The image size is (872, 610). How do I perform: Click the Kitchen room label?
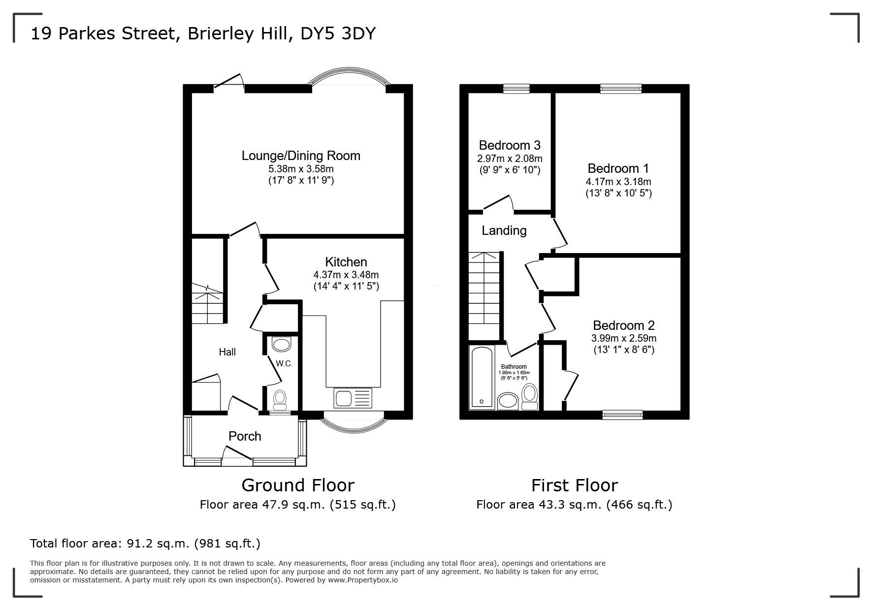point(346,262)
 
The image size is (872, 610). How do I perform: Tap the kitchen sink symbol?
point(353,398)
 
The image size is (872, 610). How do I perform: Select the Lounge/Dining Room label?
point(301,156)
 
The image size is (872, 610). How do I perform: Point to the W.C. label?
point(284,364)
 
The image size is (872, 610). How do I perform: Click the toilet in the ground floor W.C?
point(280,400)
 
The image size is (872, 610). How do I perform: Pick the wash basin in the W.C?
point(281,344)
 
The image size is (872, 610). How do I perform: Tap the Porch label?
point(245,436)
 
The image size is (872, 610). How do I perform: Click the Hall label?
point(227,352)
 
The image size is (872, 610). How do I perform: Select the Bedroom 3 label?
point(510,145)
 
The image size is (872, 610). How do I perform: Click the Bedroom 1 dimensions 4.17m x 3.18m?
point(618,182)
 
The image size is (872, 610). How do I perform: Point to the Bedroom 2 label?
point(624,325)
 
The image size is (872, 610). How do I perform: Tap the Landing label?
point(504,230)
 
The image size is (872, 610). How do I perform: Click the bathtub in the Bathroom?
point(482,378)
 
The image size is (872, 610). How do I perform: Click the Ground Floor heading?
point(298,485)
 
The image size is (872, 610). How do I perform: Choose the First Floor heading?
point(574,485)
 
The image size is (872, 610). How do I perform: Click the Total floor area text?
point(145,544)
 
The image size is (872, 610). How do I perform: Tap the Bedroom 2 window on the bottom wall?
point(622,415)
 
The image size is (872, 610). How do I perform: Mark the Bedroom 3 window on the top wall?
point(517,89)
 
